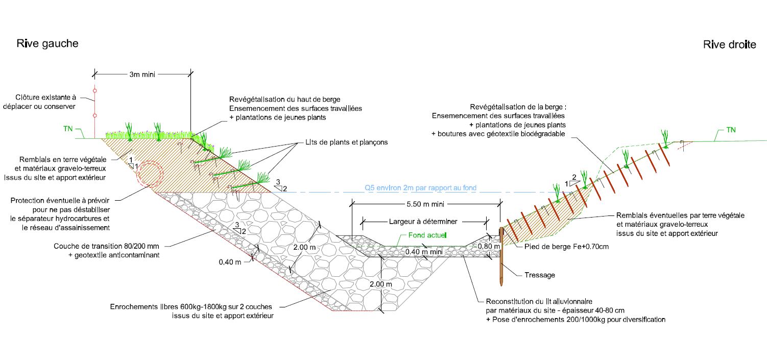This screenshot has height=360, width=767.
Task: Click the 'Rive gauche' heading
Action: tap(47, 43)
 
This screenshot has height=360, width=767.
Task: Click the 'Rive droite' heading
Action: tap(729, 44)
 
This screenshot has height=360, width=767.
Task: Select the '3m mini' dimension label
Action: tap(142, 75)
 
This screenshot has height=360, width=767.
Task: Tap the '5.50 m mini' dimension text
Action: tap(425, 204)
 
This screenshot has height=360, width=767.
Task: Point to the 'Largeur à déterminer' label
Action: tap(423, 222)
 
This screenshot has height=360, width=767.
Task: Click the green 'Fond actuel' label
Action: tap(427, 235)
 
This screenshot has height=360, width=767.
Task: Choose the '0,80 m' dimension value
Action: tap(489, 246)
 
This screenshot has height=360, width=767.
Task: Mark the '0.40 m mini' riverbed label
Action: tap(424, 252)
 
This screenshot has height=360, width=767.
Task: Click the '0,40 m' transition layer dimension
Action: tap(230, 262)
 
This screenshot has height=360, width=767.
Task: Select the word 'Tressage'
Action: tap(540, 275)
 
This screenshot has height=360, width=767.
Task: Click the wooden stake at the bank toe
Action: tap(501, 256)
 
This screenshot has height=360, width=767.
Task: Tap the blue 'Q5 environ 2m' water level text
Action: tap(420, 188)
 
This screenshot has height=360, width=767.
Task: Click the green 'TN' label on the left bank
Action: tap(68, 129)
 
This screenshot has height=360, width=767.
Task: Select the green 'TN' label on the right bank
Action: tap(731, 130)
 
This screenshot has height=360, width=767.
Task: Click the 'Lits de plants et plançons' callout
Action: tap(347, 142)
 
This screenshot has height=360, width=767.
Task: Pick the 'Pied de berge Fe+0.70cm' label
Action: tap(566, 247)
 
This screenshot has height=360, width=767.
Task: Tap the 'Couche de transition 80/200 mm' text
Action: tap(107, 246)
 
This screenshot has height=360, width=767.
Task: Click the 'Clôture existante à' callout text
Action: tap(45, 98)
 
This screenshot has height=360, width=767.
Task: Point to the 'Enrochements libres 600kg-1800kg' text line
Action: tap(191, 307)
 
